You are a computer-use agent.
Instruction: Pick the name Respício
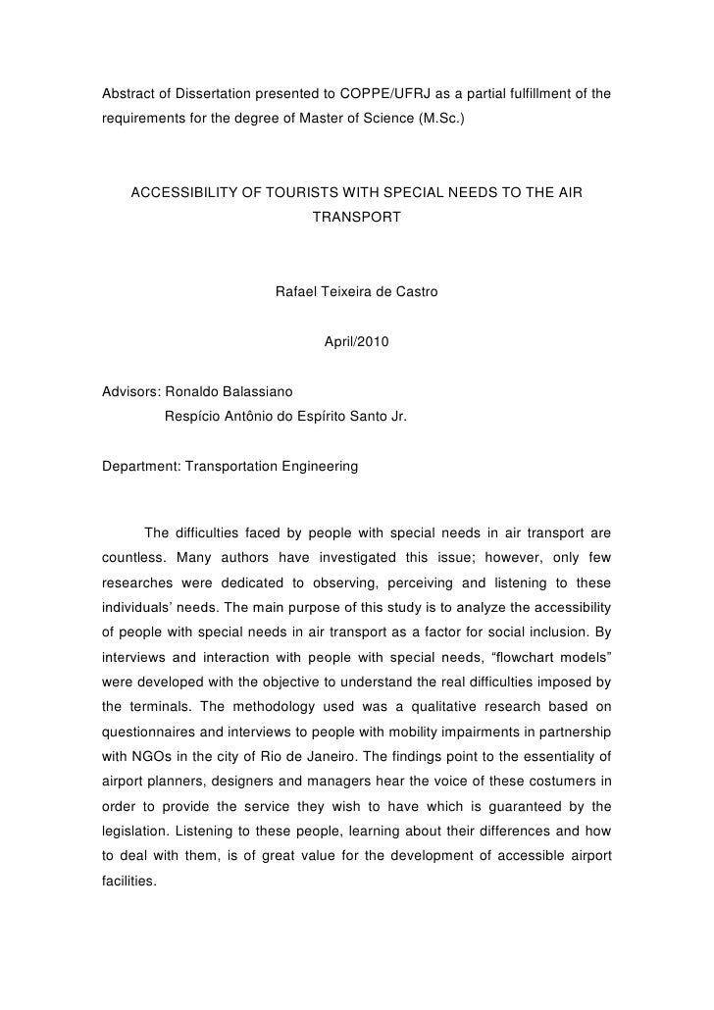point(194,417)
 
